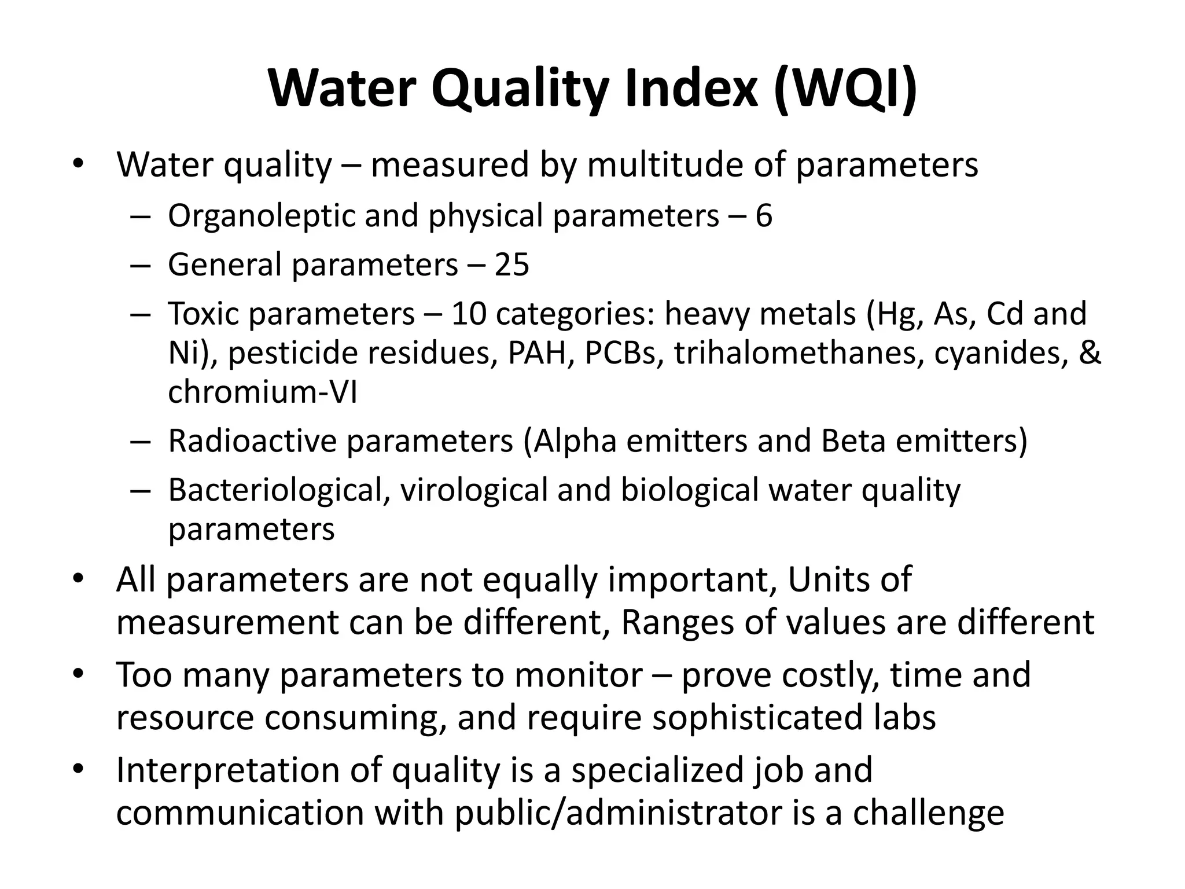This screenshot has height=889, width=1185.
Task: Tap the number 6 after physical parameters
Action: (764, 216)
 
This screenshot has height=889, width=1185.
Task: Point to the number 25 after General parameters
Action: (511, 265)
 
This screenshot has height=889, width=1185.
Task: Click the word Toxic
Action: (203, 314)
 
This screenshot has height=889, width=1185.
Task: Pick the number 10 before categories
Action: (468, 314)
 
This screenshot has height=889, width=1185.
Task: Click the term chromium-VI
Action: (263, 392)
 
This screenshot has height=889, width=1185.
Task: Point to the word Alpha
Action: (575, 441)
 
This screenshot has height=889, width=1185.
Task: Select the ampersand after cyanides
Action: (1090, 353)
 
